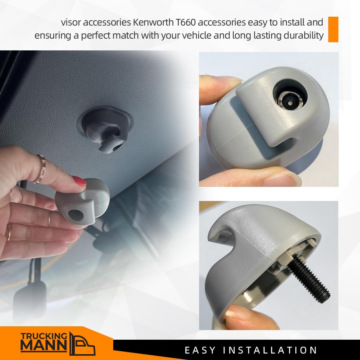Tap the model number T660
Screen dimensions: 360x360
click(x=186, y=22)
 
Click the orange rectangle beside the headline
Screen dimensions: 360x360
click(x=333, y=29)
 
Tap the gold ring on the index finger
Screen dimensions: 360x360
click(x=41, y=169)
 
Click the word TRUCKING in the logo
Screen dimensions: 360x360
click(x=44, y=336)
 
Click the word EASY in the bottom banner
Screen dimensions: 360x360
click(x=200, y=351)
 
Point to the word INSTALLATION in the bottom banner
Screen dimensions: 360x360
click(x=270, y=351)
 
